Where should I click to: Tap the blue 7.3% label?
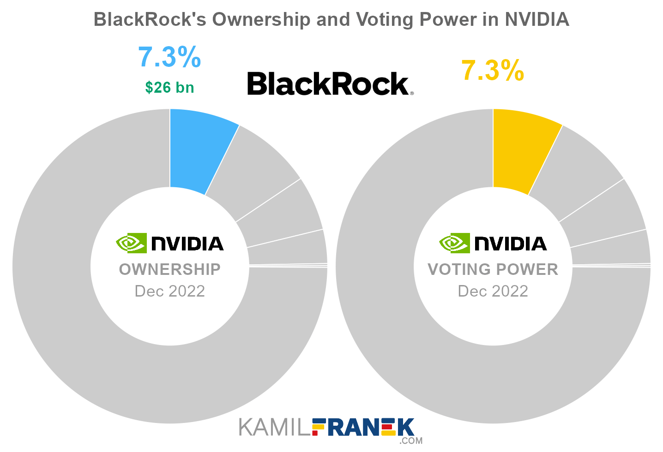click(x=169, y=57)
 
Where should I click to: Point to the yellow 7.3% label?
click(x=493, y=71)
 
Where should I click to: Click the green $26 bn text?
click(x=169, y=87)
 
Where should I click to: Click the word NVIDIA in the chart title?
click(x=536, y=19)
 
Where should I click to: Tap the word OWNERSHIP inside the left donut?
click(x=169, y=269)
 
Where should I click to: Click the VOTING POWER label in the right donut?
click(x=493, y=269)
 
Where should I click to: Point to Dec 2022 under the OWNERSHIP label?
click(x=169, y=291)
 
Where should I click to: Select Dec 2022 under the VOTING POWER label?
click(x=493, y=291)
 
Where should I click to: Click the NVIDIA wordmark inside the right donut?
click(x=511, y=244)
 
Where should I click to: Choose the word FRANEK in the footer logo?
click(x=363, y=428)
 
